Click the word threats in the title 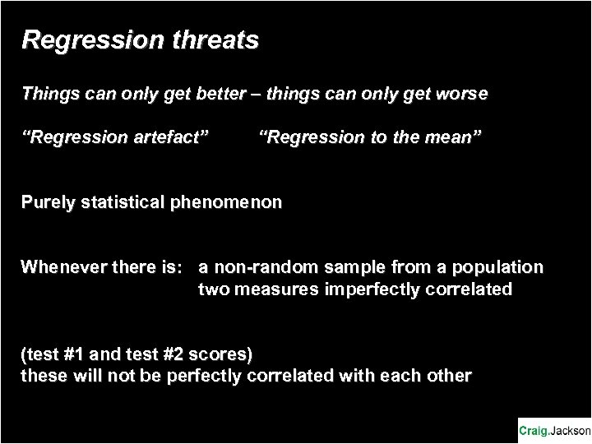(215, 39)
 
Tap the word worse (462, 94)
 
